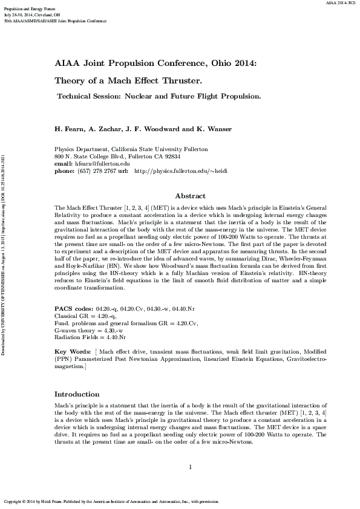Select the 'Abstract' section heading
(190, 196)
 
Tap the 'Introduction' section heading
(77, 394)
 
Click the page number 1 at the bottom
(190, 467)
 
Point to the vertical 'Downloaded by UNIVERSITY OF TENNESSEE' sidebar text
(4, 254)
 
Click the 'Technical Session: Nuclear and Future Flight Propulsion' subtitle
(159, 96)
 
